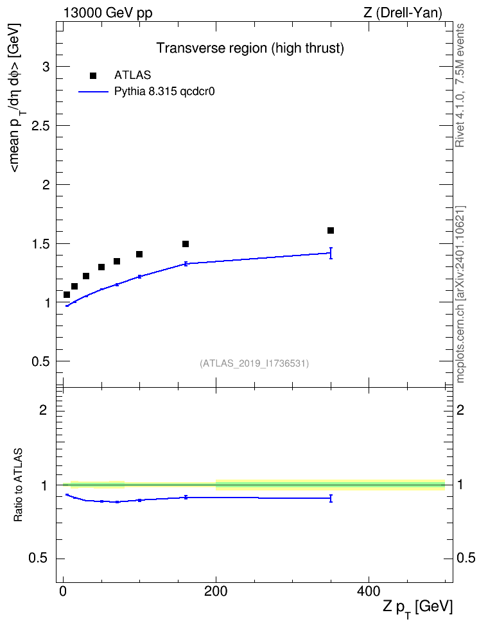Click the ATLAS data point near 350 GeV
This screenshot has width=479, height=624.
[x=331, y=230]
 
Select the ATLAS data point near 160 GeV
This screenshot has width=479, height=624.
[x=186, y=243]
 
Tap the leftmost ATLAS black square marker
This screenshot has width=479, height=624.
[x=67, y=295]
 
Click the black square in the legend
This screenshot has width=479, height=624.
[x=93, y=76]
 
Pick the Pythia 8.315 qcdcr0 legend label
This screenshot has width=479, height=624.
[x=164, y=92]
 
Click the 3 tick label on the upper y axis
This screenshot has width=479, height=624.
[x=47, y=67]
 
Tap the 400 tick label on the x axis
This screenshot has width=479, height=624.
[x=369, y=591]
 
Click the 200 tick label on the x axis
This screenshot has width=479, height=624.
[x=216, y=591]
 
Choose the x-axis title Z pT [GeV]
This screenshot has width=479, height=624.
[x=418, y=607]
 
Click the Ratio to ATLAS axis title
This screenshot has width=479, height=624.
[x=18, y=485]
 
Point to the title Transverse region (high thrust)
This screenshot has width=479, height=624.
[x=250, y=48]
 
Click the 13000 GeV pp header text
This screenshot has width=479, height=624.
[x=108, y=13]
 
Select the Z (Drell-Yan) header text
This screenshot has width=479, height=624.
[x=403, y=13]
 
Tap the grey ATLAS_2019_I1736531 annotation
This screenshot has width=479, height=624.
[x=254, y=363]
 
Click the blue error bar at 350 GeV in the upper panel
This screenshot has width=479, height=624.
[x=331, y=253]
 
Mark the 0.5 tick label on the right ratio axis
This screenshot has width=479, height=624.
[x=466, y=558]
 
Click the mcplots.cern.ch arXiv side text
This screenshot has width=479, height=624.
[x=460, y=295]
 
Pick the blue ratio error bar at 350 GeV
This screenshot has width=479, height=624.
[x=331, y=499]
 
